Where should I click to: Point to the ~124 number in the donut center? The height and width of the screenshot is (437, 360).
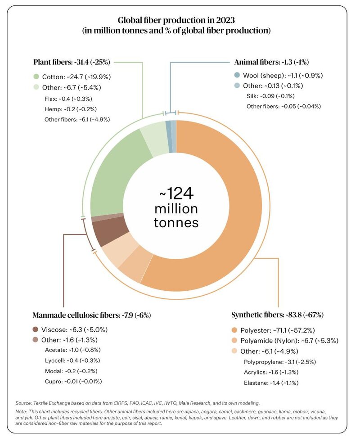[x=176, y=194]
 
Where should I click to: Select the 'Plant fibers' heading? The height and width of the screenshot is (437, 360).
[x=72, y=62]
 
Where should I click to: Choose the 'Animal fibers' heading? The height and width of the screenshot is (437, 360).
[x=271, y=62]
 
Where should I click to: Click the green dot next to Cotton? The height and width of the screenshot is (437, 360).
[x=36, y=76]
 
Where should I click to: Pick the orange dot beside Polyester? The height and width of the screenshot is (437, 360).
[x=234, y=329]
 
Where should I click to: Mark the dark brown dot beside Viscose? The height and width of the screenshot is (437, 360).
[x=36, y=329]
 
